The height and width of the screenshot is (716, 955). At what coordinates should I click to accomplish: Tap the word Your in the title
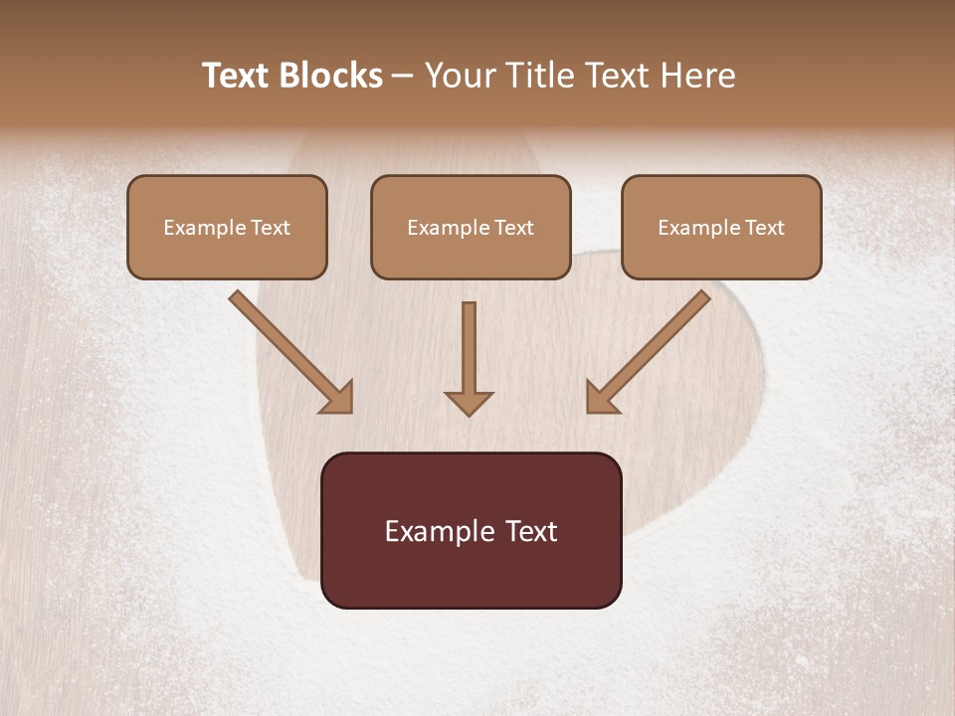pos(460,76)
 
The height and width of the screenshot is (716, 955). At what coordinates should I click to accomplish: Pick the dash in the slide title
pos(403,77)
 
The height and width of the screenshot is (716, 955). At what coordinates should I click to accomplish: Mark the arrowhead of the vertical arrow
pos(469,402)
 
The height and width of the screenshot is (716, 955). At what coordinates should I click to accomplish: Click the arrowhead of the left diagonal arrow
pos(338,398)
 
